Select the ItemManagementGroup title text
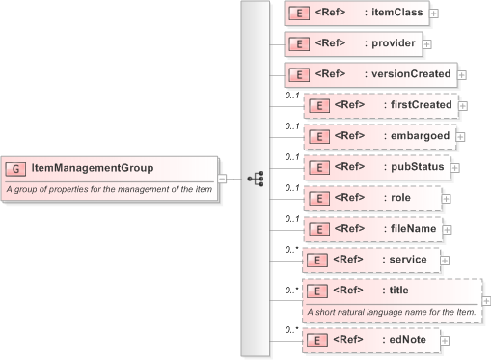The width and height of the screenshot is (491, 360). click(92, 168)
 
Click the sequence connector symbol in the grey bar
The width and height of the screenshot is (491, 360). click(256, 179)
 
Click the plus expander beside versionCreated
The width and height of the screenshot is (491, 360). click(461, 74)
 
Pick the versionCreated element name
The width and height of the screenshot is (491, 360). click(408, 74)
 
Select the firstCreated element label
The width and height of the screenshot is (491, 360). click(420, 104)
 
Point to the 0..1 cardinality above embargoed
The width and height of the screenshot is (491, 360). click(291, 125)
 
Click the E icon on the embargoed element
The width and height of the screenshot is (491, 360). click(318, 135)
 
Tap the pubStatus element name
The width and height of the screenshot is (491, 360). click(413, 166)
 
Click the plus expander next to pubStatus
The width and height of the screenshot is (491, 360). click(455, 167)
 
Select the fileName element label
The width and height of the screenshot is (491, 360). click(410, 229)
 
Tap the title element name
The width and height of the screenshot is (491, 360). click(396, 291)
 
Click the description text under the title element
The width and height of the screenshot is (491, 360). click(391, 312)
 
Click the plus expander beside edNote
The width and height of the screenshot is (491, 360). click(446, 341)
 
